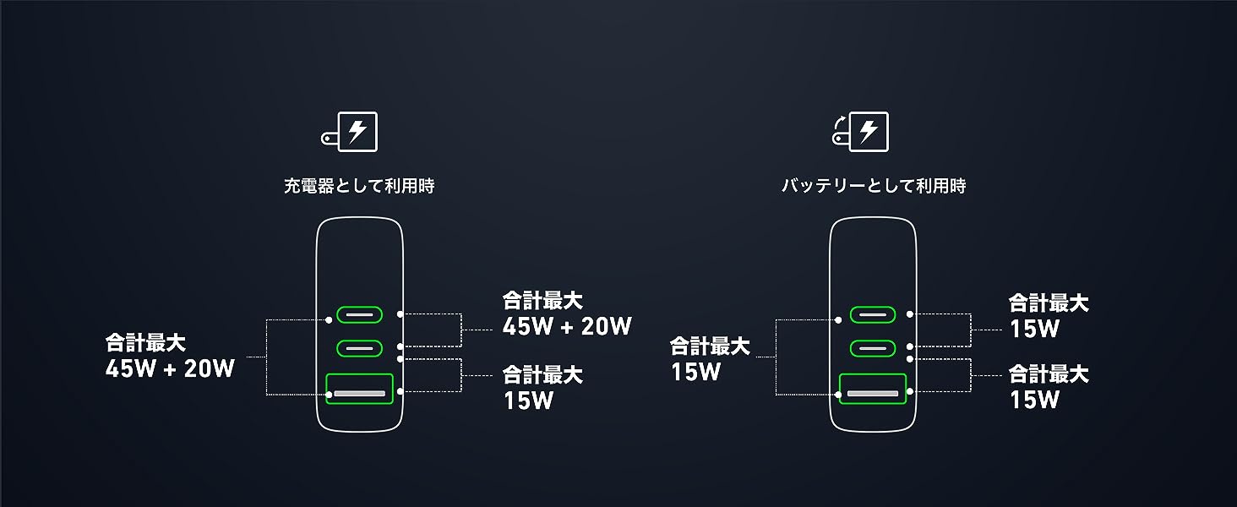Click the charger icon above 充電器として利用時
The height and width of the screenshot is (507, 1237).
pyautogui.click(x=350, y=133)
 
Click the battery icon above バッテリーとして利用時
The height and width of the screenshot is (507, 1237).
pyautogui.click(x=861, y=133)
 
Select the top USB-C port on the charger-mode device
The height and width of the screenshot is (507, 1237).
pyautogui.click(x=360, y=315)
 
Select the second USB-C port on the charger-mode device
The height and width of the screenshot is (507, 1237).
pyautogui.click(x=360, y=347)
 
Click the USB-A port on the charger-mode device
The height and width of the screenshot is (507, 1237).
pyautogui.click(x=360, y=393)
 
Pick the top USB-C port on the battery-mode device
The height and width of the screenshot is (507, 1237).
pyautogui.click(x=873, y=315)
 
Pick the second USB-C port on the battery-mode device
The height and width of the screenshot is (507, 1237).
pyautogui.click(x=873, y=347)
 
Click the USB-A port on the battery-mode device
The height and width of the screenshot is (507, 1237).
pyautogui.click(x=873, y=393)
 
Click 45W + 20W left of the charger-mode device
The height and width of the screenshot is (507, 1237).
pyautogui.click(x=170, y=368)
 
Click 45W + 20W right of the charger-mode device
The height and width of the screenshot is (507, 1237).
pyautogui.click(x=567, y=326)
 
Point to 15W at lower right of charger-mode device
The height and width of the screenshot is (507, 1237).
pyautogui.click(x=528, y=400)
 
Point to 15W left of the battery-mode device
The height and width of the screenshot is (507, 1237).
pyautogui.click(x=695, y=372)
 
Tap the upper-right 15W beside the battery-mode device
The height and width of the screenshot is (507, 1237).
pyautogui.click(x=1034, y=329)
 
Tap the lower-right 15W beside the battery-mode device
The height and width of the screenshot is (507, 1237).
pyautogui.click(x=1034, y=400)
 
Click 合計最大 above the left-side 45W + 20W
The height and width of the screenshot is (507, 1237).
pyautogui.click(x=145, y=343)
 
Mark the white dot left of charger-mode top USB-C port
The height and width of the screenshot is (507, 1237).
pyautogui.click(x=329, y=319)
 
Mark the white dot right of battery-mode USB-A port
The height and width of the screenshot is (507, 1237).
pyautogui.click(x=910, y=392)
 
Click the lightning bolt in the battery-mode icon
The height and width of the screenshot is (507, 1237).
pyautogui.click(x=868, y=131)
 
